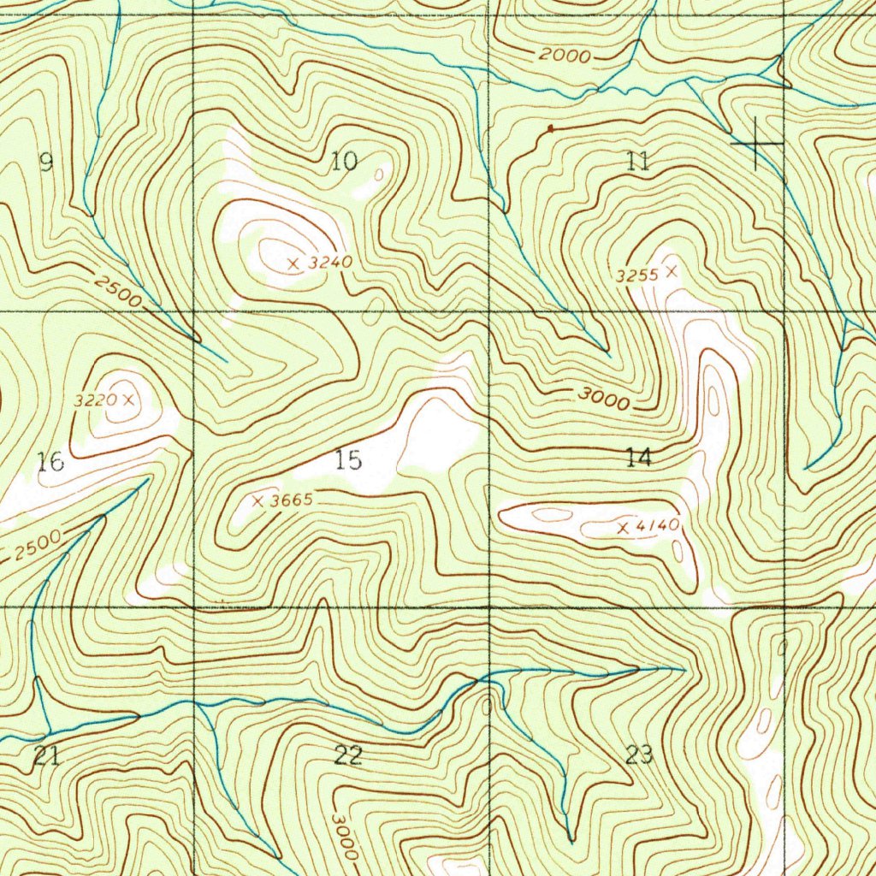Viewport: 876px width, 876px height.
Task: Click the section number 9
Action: [x=46, y=162]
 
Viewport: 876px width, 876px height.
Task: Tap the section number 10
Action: [x=344, y=160]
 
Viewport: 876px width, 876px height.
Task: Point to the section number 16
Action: [x=50, y=463]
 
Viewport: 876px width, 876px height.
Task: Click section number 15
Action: [x=348, y=460]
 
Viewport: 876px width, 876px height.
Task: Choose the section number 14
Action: [x=638, y=457]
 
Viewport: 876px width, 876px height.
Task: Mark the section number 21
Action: [x=46, y=755]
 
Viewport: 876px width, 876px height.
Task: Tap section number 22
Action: [x=348, y=755]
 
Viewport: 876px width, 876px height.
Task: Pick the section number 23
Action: [x=639, y=754]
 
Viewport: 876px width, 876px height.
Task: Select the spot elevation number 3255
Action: [x=636, y=275]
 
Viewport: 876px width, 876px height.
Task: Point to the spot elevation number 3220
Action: [x=96, y=400]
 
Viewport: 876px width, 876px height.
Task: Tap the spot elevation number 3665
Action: [x=291, y=501]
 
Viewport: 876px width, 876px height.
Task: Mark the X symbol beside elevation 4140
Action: [x=623, y=529]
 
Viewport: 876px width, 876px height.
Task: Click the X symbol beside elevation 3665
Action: [x=257, y=501]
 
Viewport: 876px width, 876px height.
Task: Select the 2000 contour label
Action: [x=565, y=56]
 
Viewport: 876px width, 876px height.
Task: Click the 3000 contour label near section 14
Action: [x=604, y=399]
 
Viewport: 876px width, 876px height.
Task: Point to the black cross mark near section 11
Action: [x=756, y=144]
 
